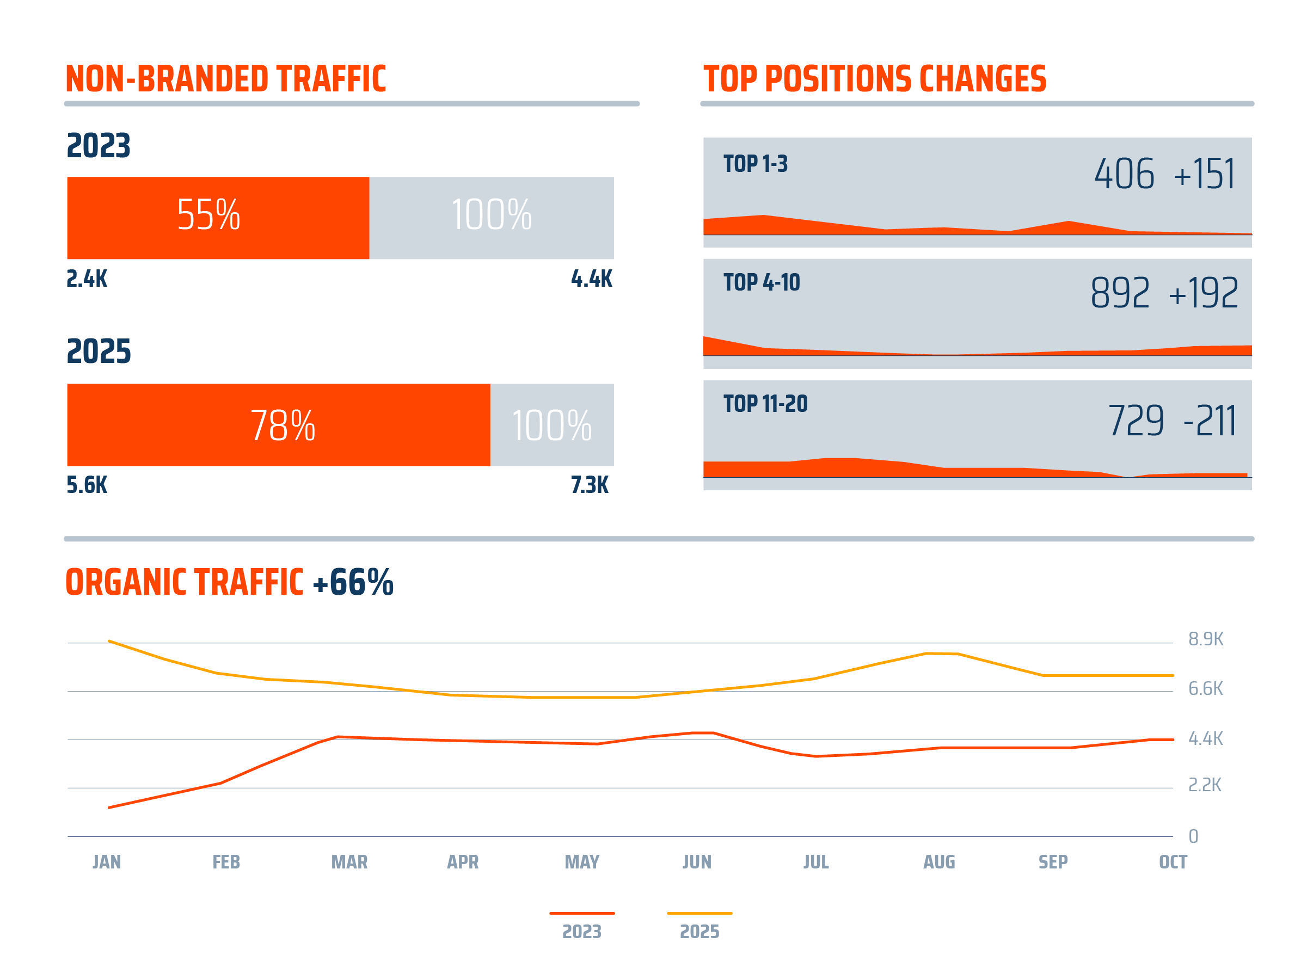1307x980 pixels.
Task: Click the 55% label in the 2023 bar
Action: (x=208, y=214)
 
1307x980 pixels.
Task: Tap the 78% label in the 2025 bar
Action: (x=283, y=426)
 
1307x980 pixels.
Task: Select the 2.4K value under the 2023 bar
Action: (x=87, y=279)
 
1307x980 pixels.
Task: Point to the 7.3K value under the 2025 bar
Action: (x=590, y=485)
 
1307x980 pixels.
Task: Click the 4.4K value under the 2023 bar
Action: (x=592, y=279)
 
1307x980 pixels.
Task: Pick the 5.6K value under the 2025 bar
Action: (x=87, y=485)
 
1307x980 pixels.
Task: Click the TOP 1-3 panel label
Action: (x=755, y=164)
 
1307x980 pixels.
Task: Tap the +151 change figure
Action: (x=1204, y=174)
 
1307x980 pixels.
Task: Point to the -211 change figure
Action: (x=1210, y=421)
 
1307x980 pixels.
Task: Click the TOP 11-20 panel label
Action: (x=765, y=404)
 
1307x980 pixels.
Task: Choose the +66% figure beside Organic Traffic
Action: (x=353, y=582)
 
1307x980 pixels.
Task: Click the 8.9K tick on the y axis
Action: (x=1205, y=639)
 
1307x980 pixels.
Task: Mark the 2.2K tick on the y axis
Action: (x=1204, y=785)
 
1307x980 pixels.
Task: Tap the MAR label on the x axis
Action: (x=349, y=862)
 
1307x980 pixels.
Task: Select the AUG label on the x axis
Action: (x=939, y=862)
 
